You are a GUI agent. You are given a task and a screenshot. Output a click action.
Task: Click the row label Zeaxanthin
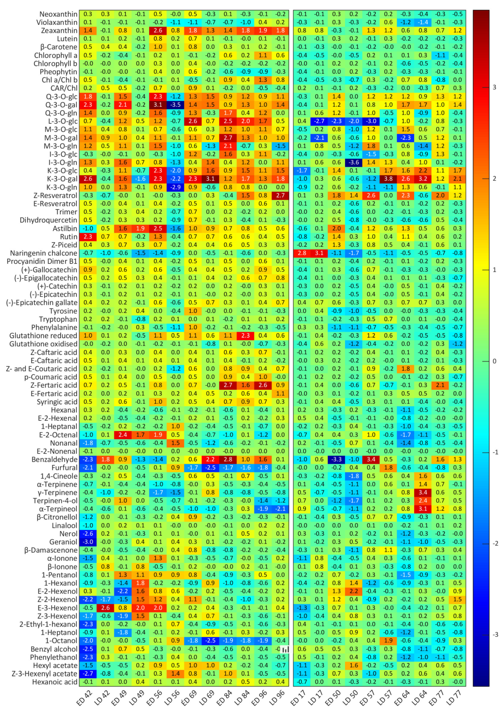click(59, 30)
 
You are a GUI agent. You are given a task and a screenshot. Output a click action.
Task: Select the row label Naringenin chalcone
click(43, 253)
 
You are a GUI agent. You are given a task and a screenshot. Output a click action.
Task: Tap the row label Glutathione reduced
click(43, 336)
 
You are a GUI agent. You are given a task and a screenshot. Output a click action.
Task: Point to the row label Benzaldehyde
click(54, 459)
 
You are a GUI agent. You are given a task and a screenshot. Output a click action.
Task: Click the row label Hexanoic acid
click(55, 682)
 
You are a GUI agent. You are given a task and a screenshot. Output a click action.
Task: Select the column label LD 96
click(277, 697)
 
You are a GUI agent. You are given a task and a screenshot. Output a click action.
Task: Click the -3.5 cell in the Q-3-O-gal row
click(175, 105)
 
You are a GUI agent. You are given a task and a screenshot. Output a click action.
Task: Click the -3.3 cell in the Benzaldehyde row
click(336, 459)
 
